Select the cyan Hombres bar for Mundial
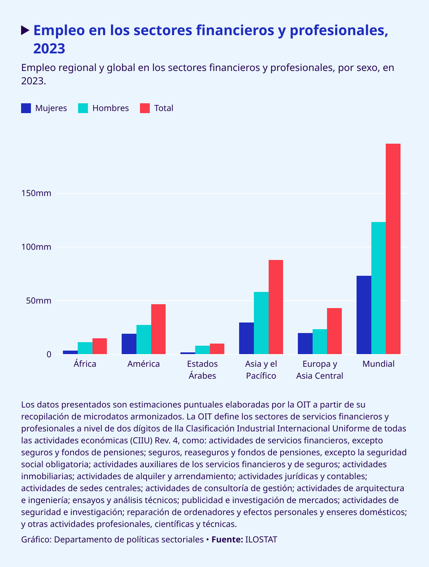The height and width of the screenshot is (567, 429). tap(378, 288)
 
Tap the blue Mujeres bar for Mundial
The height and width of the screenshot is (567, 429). tap(364, 315)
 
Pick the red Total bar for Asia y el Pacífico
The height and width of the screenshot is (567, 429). tap(276, 307)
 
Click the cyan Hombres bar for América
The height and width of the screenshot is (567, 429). tap(143, 339)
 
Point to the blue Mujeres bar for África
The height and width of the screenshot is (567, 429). tap(70, 352)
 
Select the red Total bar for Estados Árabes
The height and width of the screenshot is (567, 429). tap(217, 349)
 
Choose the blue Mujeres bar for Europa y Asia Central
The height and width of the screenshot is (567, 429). tap(305, 344)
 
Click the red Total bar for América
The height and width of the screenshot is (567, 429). tap(158, 329)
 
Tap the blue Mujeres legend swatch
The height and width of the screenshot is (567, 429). tap(26, 108)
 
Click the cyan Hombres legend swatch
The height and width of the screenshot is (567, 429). tap(83, 108)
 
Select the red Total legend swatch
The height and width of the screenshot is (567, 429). tap(145, 108)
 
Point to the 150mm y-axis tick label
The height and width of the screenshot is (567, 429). tap(36, 193)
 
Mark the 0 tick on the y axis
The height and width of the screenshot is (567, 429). tap(49, 354)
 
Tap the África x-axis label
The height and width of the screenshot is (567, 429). tap(85, 364)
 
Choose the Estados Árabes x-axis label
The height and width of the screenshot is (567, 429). tap(202, 370)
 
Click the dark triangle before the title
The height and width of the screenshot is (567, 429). tap(25, 31)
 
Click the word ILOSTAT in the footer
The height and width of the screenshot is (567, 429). tap(261, 539)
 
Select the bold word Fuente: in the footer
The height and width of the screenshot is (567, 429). tap(227, 539)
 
